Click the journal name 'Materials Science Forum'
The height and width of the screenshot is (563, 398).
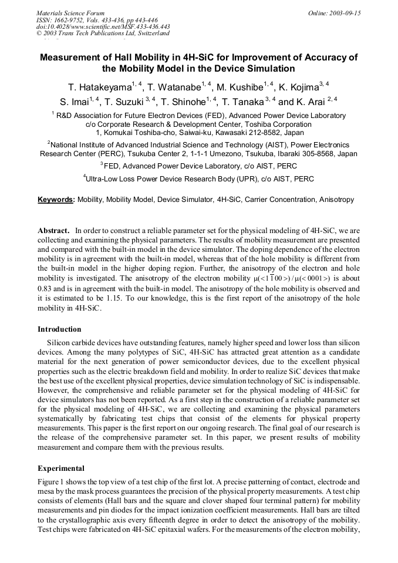click(x=70, y=12)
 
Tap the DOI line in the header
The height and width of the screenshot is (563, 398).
click(x=103, y=26)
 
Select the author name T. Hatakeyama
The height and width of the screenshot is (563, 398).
click(x=100, y=87)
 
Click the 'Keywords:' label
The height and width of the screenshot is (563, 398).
click(x=56, y=200)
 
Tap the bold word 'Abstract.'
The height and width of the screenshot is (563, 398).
click(x=54, y=231)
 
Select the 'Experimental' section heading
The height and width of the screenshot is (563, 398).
click(x=61, y=468)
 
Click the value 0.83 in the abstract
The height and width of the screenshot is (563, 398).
click(x=46, y=288)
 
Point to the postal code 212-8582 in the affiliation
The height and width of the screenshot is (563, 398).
click(x=267, y=133)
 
